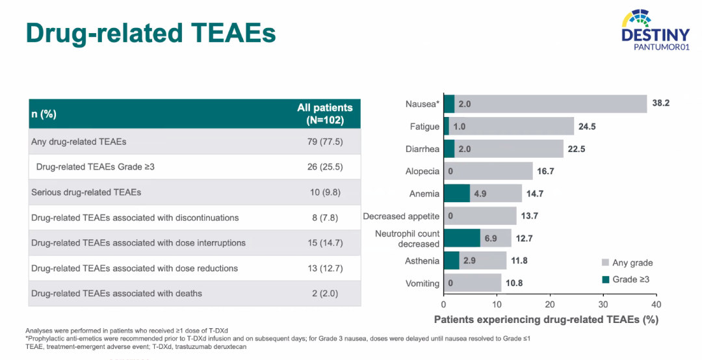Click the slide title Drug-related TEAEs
(x=151, y=33)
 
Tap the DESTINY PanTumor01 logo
(x=655, y=29)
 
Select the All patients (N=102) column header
(x=324, y=114)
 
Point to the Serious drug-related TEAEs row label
(x=86, y=192)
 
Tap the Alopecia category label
(x=422, y=172)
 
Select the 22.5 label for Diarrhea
(x=577, y=149)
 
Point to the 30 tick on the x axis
(x=603, y=304)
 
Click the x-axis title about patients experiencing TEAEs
(x=546, y=319)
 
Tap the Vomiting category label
(x=422, y=283)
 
